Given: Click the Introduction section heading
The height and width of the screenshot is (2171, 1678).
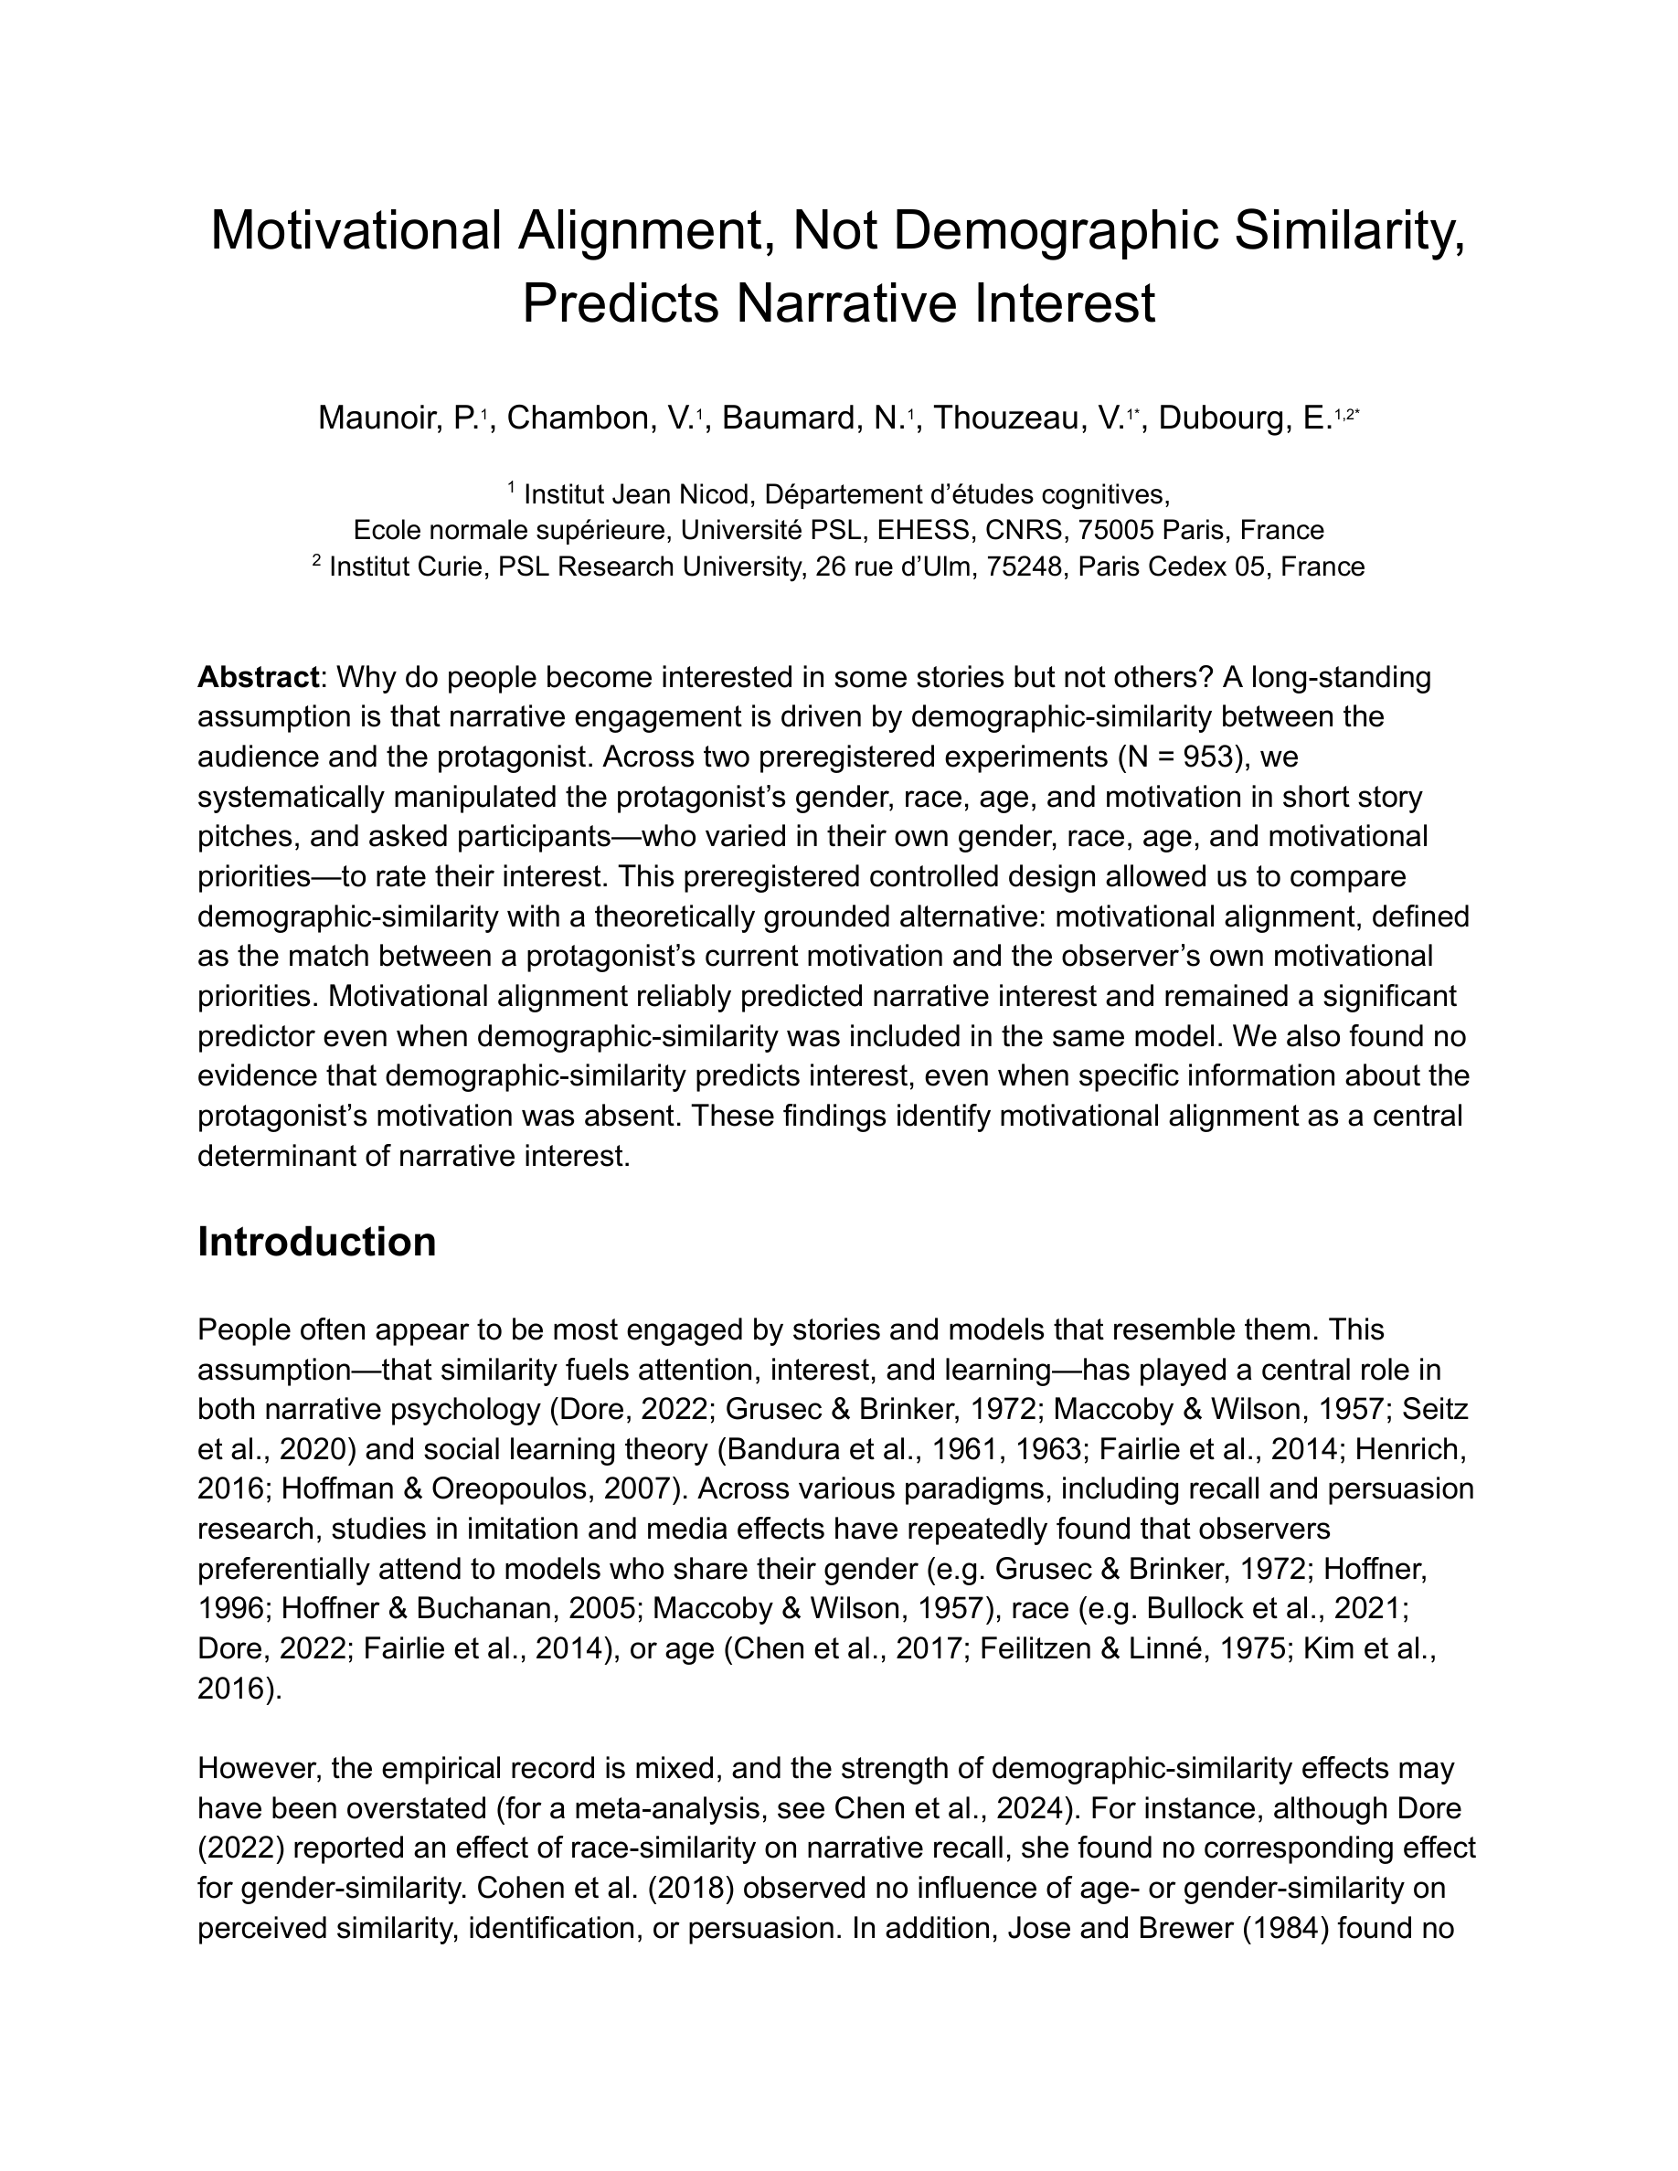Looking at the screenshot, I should [x=317, y=1243].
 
